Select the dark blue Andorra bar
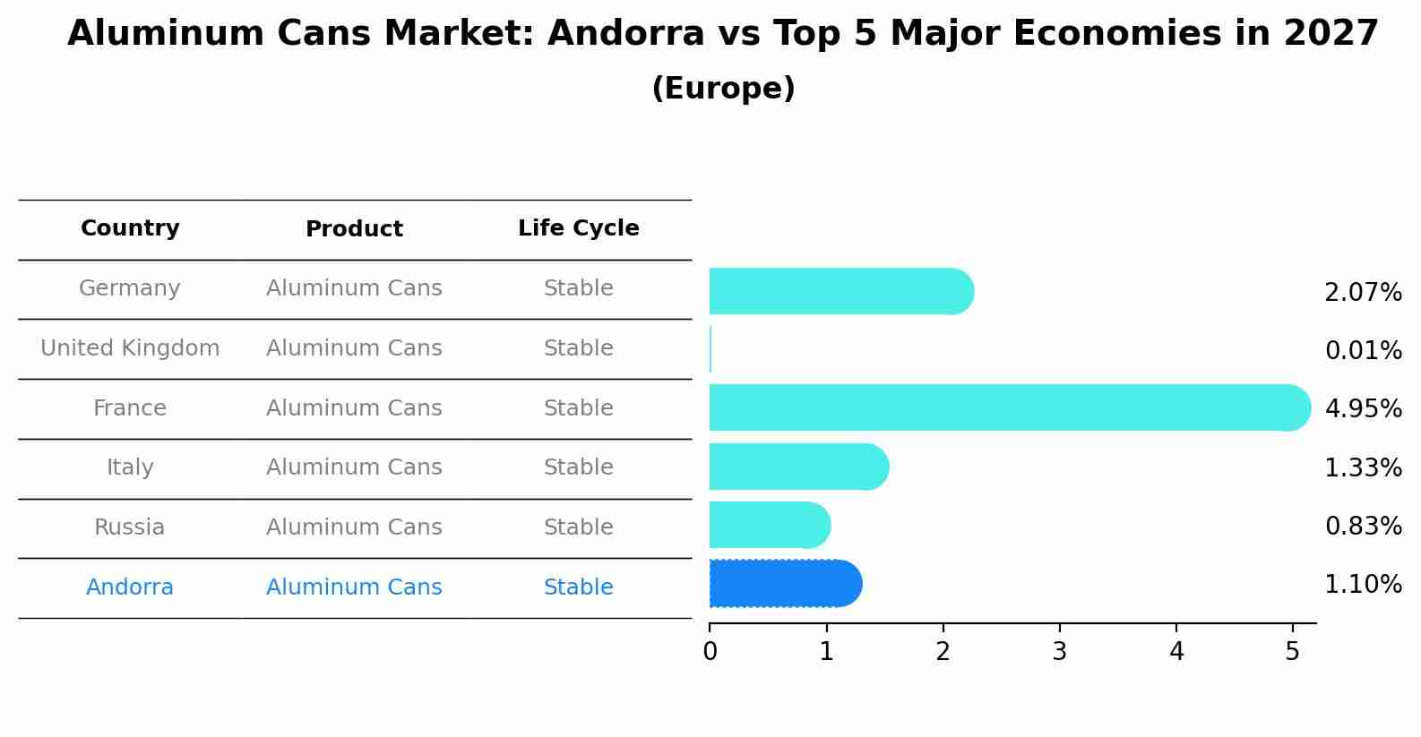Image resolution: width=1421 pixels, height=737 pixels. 785,584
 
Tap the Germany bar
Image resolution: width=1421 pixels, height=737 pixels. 840,291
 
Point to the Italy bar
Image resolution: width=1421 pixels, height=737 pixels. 798,467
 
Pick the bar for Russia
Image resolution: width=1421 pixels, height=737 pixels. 769,525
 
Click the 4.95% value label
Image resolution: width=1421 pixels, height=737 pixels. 1363,409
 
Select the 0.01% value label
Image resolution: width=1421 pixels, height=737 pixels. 1363,351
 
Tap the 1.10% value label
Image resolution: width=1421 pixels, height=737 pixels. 1363,585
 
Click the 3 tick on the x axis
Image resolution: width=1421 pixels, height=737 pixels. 1060,652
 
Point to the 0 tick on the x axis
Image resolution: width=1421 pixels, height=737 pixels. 710,652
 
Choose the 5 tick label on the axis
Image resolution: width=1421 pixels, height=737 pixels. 1292,652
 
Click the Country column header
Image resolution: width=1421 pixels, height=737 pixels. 130,228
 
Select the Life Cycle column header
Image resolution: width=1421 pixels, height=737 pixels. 578,228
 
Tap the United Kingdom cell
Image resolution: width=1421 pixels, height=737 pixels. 130,348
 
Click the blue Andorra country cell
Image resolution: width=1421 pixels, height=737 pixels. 130,587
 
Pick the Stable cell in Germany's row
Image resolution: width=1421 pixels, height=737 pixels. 578,288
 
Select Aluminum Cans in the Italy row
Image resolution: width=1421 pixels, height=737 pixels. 354,467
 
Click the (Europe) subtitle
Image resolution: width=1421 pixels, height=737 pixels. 723,89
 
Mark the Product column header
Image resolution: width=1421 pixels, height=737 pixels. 354,229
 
